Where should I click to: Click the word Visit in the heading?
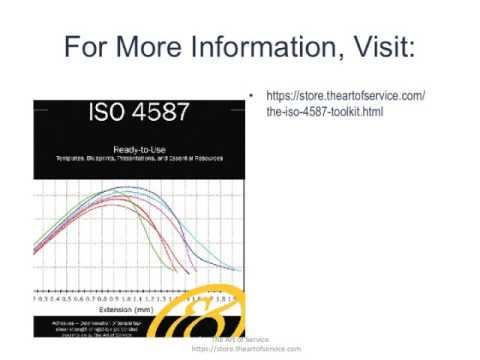(386, 47)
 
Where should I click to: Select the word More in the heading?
(150, 47)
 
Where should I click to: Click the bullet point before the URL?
(251, 97)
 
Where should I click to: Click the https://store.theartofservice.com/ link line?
(346, 96)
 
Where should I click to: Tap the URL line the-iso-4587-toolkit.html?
(325, 112)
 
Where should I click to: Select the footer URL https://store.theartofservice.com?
(245, 349)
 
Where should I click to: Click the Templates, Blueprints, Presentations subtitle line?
(138, 160)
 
